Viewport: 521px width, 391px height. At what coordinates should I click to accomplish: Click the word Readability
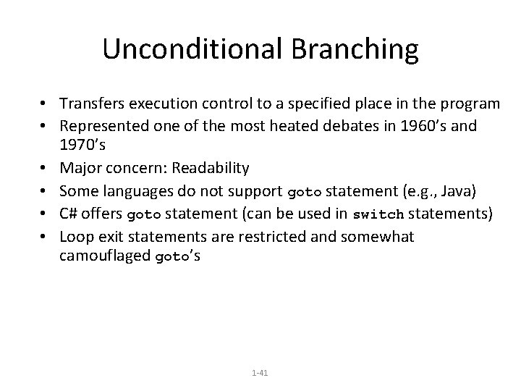(206, 168)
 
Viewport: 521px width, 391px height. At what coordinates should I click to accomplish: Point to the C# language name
(69, 214)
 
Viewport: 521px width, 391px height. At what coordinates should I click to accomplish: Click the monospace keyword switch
(376, 215)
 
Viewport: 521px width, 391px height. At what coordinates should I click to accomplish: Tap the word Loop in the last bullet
(74, 236)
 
